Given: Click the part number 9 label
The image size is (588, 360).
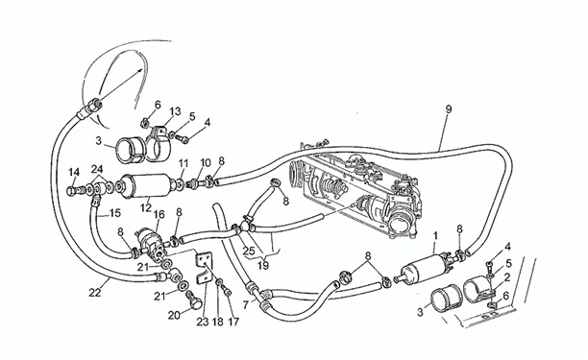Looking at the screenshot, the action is pyautogui.click(x=448, y=109).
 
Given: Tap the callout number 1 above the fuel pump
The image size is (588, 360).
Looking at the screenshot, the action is pyautogui.click(x=435, y=236).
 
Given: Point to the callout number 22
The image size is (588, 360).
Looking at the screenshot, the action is pyautogui.click(x=95, y=292).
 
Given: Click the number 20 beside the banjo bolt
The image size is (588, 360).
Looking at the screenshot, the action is pyautogui.click(x=174, y=316).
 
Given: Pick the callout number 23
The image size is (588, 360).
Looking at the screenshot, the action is pyautogui.click(x=203, y=322).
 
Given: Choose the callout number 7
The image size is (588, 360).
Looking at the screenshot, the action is pyautogui.click(x=246, y=305).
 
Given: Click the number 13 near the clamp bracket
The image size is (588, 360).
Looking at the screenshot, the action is pyautogui.click(x=175, y=111).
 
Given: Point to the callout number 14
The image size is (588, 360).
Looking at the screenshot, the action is pyautogui.click(x=74, y=173).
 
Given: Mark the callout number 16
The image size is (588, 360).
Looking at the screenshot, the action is pyautogui.click(x=159, y=215).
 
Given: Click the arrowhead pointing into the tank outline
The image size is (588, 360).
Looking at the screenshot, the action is pyautogui.click(x=139, y=70).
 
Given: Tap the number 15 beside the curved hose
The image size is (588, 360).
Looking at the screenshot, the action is pyautogui.click(x=115, y=213).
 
